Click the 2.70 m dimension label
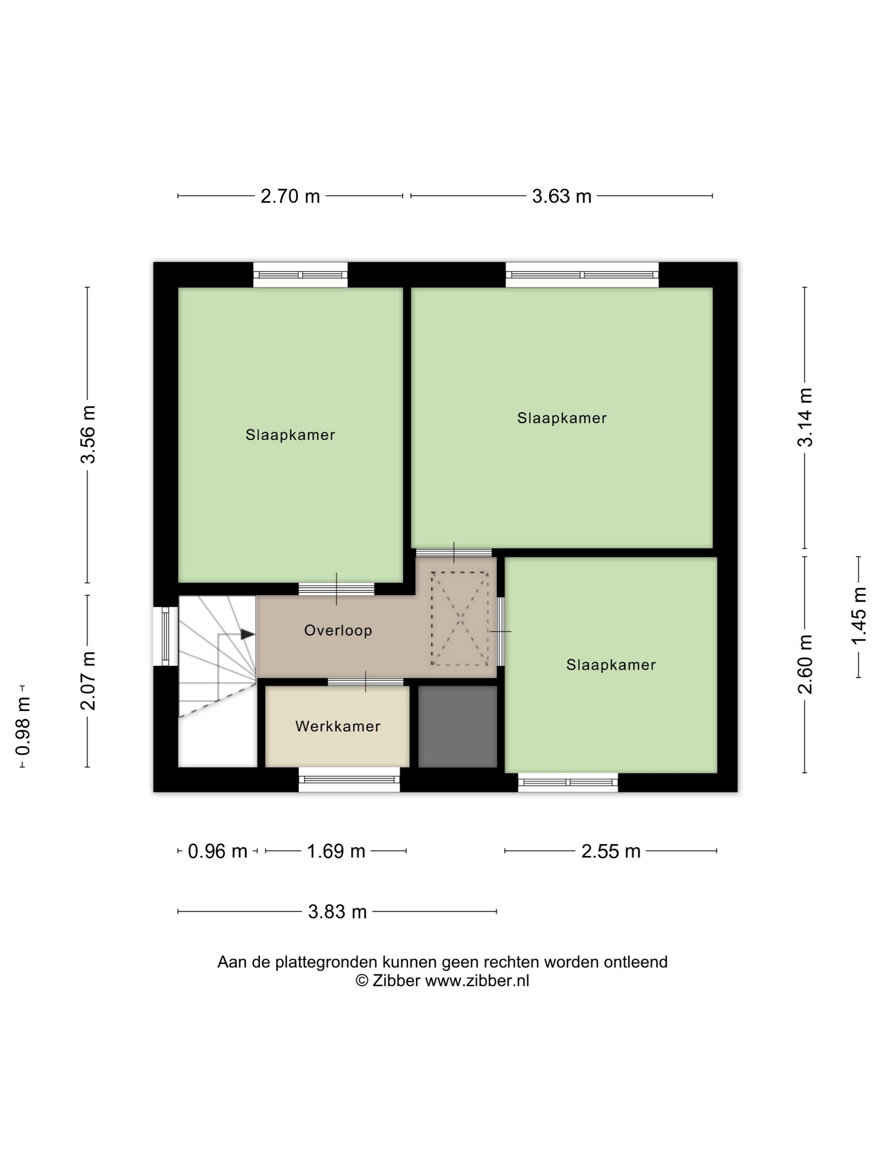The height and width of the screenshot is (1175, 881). click(290, 196)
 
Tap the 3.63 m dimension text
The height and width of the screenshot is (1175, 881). click(561, 196)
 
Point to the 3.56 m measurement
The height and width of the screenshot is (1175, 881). click(88, 434)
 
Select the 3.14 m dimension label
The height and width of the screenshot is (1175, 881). click(805, 417)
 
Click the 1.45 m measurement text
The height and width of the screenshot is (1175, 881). click(859, 616)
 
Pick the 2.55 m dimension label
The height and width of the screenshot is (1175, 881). click(611, 851)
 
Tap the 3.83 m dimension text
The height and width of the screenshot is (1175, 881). click(337, 912)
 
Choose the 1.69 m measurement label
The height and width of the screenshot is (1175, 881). click(336, 851)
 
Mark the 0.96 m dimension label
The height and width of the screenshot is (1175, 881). click(218, 851)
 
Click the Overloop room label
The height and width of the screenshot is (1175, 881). click(338, 631)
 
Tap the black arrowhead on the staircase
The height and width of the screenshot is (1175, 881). click(248, 634)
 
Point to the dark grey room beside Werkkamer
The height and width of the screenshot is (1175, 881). click(457, 726)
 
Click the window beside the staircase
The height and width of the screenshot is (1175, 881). click(165, 636)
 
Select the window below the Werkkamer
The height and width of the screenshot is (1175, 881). click(349, 779)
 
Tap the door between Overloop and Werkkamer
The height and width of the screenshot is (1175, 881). click(365, 682)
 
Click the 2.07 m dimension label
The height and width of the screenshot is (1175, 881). click(88, 681)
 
